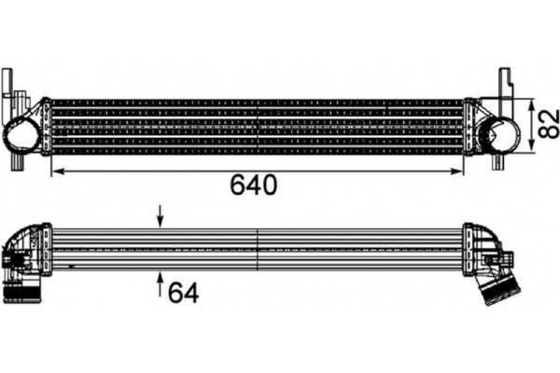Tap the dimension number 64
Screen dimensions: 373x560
coord(184,292)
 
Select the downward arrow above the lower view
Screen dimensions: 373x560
coord(160,220)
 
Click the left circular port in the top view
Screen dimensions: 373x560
coord(21,137)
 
